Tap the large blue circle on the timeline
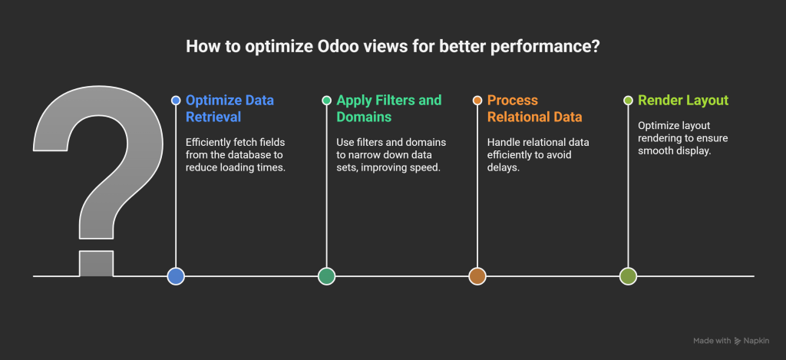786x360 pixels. tap(176, 276)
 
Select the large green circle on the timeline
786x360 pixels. tap(326, 276)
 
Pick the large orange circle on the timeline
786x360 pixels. tap(477, 276)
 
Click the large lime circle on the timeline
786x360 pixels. tap(628, 276)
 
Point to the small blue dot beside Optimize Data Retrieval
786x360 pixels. tap(176, 101)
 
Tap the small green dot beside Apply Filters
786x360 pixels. tap(326, 101)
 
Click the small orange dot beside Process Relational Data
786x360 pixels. tap(477, 101)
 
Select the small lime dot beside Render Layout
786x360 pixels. tap(628, 101)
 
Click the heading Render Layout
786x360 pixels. tap(684, 101)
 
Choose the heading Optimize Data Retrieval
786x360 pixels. tap(230, 108)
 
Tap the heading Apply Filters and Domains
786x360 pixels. tap(389, 108)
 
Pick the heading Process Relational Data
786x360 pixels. tap(536, 108)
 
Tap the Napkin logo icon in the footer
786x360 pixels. tap(738, 341)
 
